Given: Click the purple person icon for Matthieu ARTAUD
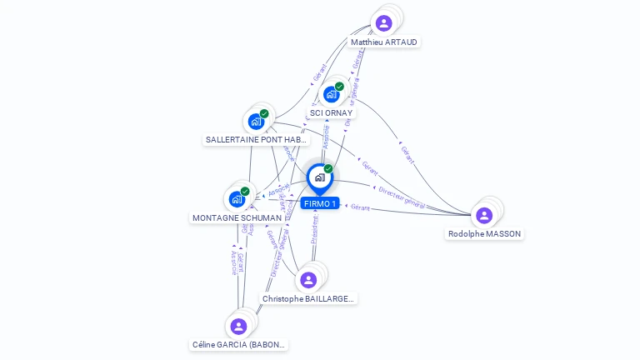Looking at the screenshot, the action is pyautogui.click(x=383, y=23).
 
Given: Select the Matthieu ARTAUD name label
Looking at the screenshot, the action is pyautogui.click(x=384, y=42).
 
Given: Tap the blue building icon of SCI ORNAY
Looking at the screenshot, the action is pyautogui.click(x=331, y=94).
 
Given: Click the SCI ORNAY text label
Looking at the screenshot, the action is pyautogui.click(x=331, y=113).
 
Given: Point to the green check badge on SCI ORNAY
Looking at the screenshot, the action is pyautogui.click(x=340, y=86).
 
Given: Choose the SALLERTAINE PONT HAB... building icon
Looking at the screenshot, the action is pyautogui.click(x=256, y=122).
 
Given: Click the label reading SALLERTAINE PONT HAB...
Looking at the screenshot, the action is pyautogui.click(x=257, y=140).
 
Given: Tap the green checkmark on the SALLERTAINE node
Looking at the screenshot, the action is pyautogui.click(x=264, y=113).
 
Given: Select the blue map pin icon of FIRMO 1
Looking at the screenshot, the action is pyautogui.click(x=319, y=177).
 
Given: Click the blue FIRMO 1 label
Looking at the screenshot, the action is pyautogui.click(x=320, y=204).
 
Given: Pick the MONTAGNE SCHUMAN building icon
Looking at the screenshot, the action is pyautogui.click(x=237, y=199).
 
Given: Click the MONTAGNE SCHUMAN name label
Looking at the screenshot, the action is pyautogui.click(x=237, y=218).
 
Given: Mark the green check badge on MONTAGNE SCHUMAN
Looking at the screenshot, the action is pyautogui.click(x=245, y=191).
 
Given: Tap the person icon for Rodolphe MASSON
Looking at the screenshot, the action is pyautogui.click(x=484, y=215).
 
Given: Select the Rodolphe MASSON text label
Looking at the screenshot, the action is pyautogui.click(x=485, y=234).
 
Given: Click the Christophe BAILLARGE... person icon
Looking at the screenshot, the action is pyautogui.click(x=308, y=280).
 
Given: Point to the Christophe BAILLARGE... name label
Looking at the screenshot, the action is pyautogui.click(x=308, y=298).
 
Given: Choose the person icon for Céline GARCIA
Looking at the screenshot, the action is pyautogui.click(x=239, y=326).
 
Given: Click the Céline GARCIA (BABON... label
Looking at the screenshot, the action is pyautogui.click(x=239, y=344).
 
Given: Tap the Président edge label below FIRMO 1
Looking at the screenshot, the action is pyautogui.click(x=315, y=230).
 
